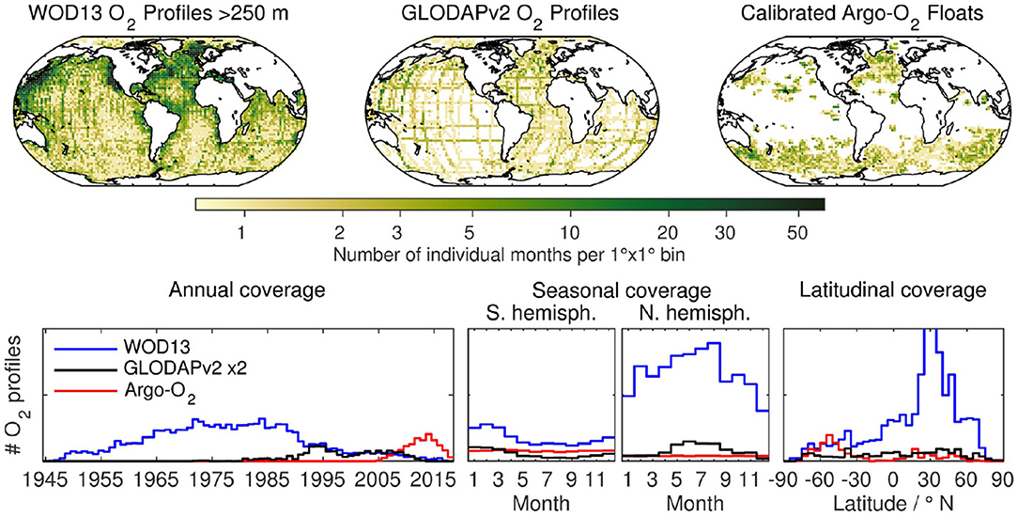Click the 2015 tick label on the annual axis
(x=432, y=478)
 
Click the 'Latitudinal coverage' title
(x=890, y=290)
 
